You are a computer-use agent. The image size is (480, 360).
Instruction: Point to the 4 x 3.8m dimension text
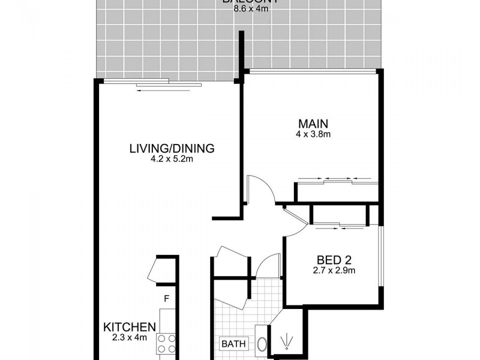point(313,134)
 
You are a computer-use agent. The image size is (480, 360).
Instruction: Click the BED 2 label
point(333,260)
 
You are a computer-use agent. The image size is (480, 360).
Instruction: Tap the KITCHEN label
point(130,327)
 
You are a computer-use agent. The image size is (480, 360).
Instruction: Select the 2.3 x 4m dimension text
point(130,338)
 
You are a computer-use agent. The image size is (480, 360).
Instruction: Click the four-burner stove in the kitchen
point(166,343)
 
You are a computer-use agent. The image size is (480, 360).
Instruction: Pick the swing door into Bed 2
point(296,220)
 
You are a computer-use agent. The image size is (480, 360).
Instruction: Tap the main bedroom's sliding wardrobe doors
point(336,181)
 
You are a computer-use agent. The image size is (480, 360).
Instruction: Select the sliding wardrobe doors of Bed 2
point(339,226)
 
